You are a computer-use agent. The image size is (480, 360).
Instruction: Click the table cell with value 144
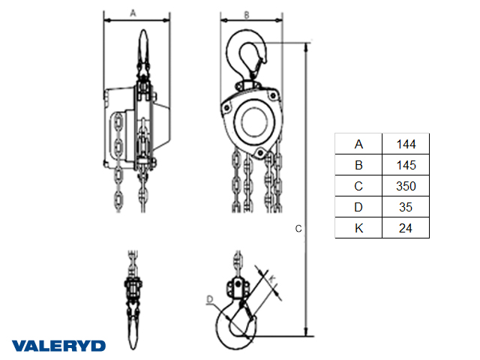(406, 144)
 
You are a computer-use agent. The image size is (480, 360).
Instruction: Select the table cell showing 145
(406, 165)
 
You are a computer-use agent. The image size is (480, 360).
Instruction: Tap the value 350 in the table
(406, 186)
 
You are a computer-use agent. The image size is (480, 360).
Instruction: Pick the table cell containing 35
(406, 207)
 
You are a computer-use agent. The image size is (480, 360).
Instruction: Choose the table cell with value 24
(406, 228)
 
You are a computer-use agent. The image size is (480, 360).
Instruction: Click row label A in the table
(358, 144)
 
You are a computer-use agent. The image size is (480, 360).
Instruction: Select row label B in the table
(358, 165)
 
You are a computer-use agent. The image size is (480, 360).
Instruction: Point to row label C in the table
(358, 186)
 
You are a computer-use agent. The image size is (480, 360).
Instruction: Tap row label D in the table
(358, 207)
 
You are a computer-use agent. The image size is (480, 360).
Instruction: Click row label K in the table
(358, 228)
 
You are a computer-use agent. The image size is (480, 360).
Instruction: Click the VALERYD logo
(58, 346)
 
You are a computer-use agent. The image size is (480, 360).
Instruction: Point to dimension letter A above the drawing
(133, 13)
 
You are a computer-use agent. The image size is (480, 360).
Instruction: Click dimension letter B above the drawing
(247, 15)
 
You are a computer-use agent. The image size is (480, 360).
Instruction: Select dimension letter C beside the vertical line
(298, 229)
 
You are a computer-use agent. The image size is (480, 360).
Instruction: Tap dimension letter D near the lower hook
(210, 299)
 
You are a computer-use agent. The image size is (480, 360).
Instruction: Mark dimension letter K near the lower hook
(272, 279)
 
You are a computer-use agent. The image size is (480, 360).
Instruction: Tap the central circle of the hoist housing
(254, 121)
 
